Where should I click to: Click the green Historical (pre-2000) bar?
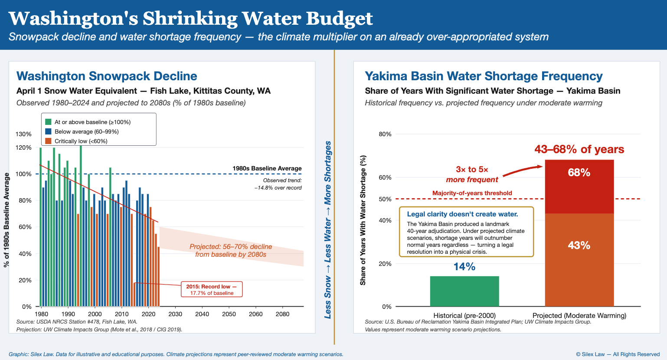pos(464,291)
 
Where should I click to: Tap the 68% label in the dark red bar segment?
pos(579,173)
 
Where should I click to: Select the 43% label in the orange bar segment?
pos(579,245)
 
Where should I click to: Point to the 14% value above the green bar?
pos(464,267)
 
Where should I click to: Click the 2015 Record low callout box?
pos(212,290)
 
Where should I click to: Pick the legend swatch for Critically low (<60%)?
pos(48,141)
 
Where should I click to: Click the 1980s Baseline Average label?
pos(267,168)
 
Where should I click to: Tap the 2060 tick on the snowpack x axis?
pos(255,314)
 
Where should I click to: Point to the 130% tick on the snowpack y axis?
pos(24,134)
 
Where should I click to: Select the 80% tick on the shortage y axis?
pos(385,134)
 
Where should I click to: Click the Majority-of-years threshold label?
pos(472,193)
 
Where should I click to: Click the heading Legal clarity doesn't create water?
pos(462,214)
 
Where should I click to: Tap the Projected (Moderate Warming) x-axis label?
pos(579,315)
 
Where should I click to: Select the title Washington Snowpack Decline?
pos(107,76)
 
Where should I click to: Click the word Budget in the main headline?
pos(339,18)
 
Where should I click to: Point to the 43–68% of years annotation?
pos(579,149)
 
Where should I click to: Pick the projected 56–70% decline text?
pos(231,250)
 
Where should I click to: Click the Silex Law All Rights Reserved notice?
pos(618,354)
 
